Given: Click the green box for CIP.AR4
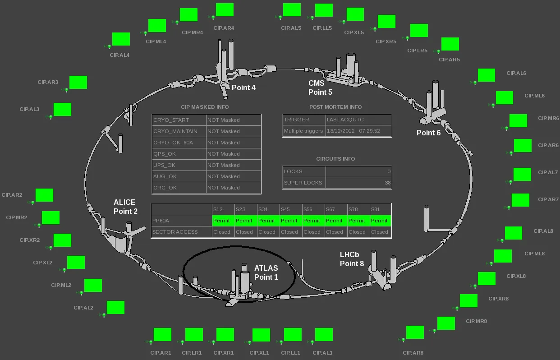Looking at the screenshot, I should tap(225, 10).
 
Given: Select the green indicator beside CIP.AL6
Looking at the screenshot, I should tap(487, 75).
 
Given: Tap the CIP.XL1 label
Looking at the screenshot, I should tap(259, 353).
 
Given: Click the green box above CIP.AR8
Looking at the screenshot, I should tap(415, 332).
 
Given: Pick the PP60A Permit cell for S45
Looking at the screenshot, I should tap(289, 221).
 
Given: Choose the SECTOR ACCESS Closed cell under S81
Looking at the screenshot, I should tap(380, 232).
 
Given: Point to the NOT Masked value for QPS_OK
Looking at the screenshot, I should tap(224, 154).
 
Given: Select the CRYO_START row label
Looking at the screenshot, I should tap(171, 120).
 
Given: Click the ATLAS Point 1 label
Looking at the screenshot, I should tap(266, 272).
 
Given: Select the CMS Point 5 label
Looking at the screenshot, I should tap(320, 88).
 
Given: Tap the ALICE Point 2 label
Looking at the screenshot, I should tap(125, 207).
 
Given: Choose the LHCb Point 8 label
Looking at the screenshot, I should tap(352, 259).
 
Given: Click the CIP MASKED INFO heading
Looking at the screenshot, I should tap(205, 107).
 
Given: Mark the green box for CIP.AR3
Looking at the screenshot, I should tap(78, 83).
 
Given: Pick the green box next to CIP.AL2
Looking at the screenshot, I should tap(115, 308).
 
